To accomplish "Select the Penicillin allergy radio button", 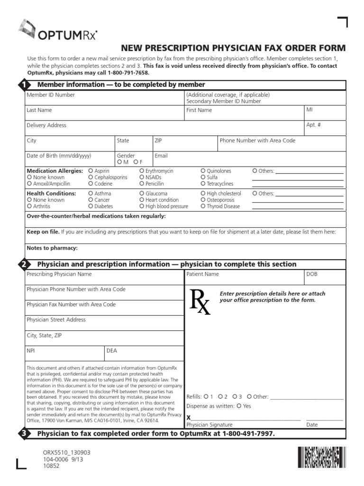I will [142, 184].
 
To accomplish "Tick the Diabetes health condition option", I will [91, 206].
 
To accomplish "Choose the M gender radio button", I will [119, 162].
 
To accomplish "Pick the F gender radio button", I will [135, 162].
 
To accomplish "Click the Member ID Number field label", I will [51, 95].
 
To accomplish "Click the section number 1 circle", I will [23, 85].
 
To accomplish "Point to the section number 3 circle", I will [23, 434].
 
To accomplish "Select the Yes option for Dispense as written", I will [239, 406].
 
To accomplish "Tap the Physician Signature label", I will [209, 425].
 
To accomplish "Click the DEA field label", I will [112, 351].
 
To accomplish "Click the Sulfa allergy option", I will [203, 177].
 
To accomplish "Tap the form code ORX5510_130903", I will [66, 453].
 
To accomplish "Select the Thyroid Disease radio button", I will [203, 206].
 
